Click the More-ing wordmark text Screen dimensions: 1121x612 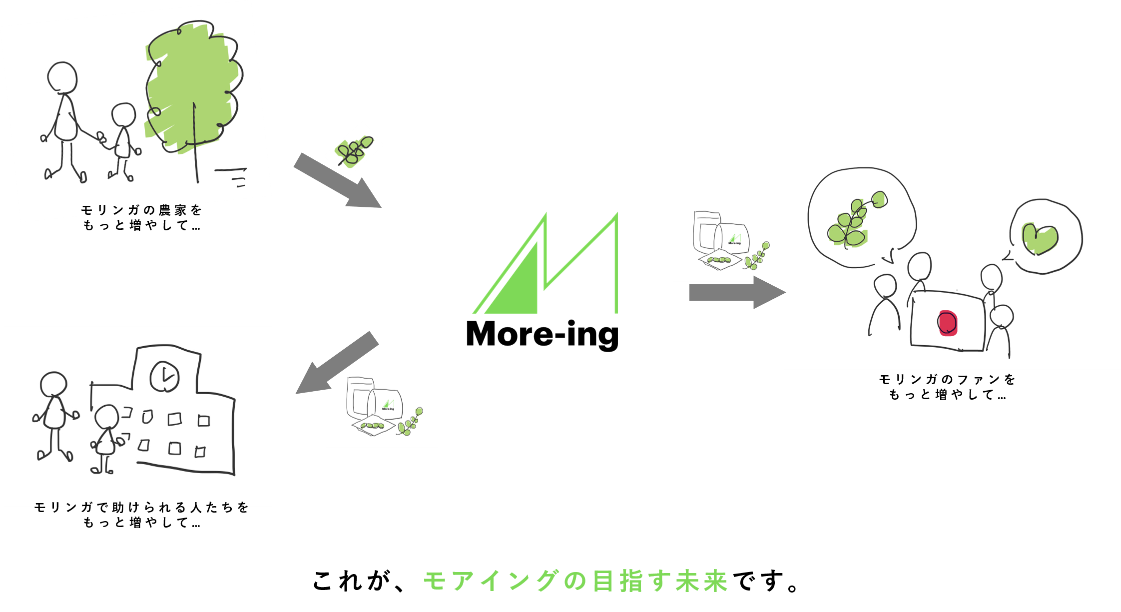click(543, 335)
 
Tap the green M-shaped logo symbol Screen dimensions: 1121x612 click(546, 263)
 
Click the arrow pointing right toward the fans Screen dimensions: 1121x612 click(737, 292)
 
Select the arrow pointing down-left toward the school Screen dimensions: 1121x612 click(337, 363)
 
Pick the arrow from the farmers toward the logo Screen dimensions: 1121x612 click(337, 180)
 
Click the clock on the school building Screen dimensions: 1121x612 click(165, 376)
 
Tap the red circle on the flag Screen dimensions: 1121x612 click(948, 323)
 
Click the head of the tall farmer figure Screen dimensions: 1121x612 click(62, 77)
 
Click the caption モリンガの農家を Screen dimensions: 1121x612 click(141, 210)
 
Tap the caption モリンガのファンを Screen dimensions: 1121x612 click(947, 379)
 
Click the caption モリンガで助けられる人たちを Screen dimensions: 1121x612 click(141, 507)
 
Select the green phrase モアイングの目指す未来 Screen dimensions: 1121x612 click(575, 581)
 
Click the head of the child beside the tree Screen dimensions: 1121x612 click(123, 114)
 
